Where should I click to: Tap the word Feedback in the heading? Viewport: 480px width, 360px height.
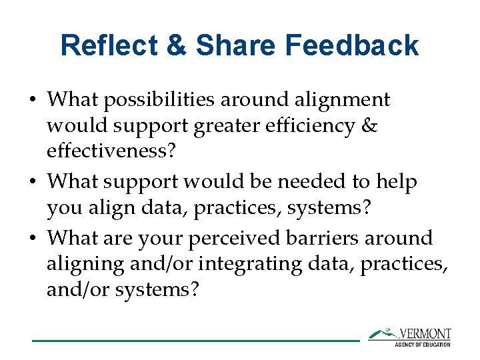pyautogui.click(x=352, y=46)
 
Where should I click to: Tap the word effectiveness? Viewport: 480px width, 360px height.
pyautogui.click(x=111, y=151)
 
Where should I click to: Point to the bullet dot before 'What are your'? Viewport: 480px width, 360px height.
pyautogui.click(x=33, y=239)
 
